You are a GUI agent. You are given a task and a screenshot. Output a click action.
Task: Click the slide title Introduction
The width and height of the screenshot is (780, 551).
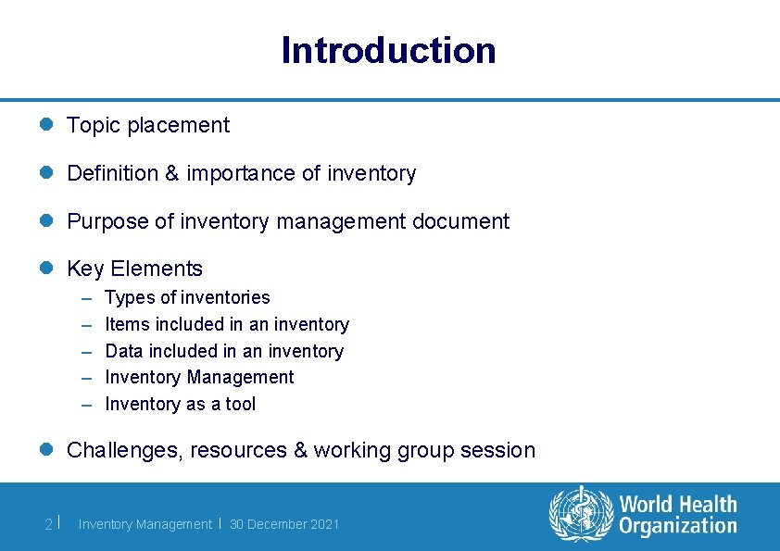tap(389, 50)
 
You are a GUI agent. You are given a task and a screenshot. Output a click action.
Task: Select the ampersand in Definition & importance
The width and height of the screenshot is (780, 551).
tap(172, 173)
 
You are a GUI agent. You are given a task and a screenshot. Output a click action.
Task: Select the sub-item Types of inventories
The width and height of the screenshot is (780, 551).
tap(187, 297)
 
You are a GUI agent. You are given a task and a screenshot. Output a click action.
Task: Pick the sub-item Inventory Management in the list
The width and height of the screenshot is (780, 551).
tap(199, 377)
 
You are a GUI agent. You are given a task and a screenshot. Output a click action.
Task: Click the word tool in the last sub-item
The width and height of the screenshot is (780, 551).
tap(238, 404)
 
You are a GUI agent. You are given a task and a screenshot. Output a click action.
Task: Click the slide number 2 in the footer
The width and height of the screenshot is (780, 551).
tap(48, 524)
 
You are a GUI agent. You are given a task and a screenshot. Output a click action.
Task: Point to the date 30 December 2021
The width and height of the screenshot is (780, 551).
tap(284, 524)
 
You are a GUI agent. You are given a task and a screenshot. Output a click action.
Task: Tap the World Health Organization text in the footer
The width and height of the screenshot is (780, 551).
tap(678, 515)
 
